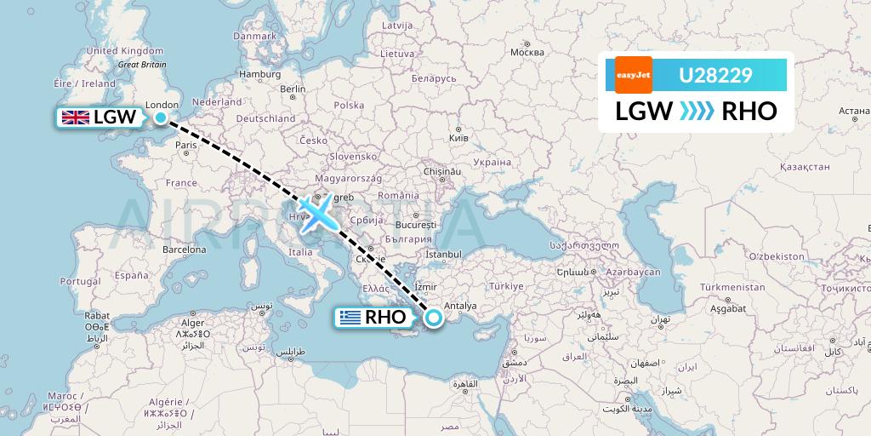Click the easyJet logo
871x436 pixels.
[x=633, y=75]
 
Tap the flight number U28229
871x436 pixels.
[x=714, y=76]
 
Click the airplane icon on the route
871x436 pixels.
[x=316, y=212]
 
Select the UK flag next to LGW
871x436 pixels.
[x=75, y=118]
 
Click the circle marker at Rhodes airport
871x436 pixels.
[x=434, y=318]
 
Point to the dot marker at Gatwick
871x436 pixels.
[x=160, y=117]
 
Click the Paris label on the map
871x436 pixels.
[x=185, y=146]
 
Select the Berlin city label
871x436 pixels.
[x=293, y=89]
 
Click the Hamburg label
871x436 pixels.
[x=259, y=74]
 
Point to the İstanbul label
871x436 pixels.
[x=443, y=254]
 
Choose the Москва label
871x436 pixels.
[x=527, y=53]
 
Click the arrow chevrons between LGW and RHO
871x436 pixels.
[x=697, y=112]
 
